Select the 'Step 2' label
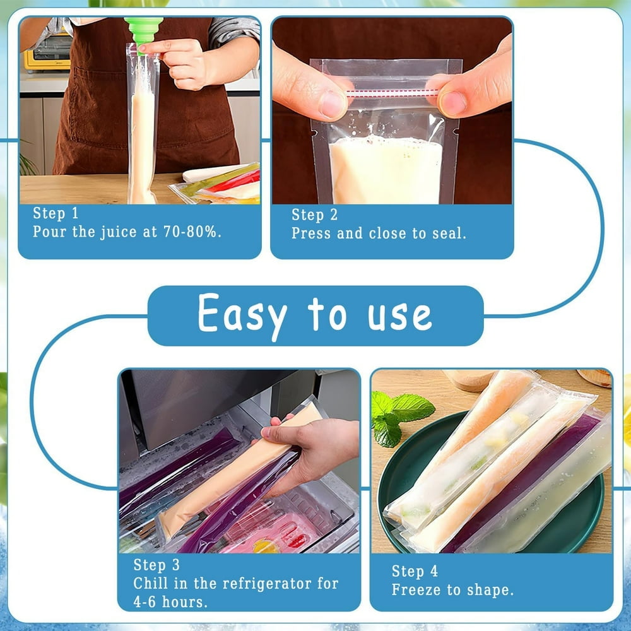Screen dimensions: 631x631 [314, 215]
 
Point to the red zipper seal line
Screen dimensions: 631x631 [392, 93]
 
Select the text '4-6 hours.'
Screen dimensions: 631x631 [170, 602]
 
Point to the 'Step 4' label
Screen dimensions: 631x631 [415, 571]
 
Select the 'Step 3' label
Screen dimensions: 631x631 [156, 565]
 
